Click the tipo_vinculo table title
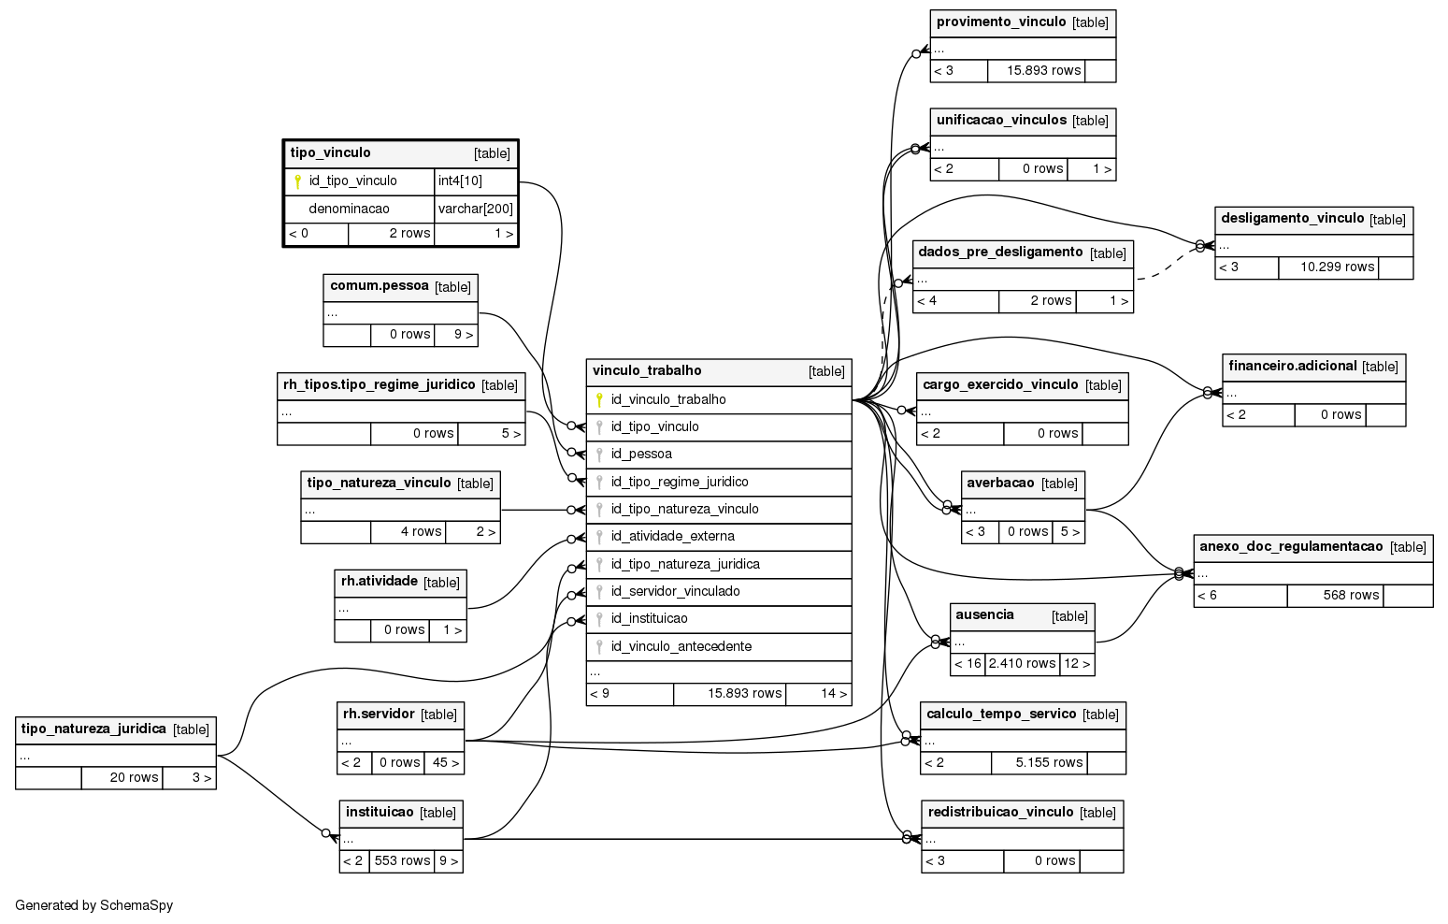[330, 153]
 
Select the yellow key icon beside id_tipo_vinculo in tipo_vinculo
[297, 181]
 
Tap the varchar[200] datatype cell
[476, 209]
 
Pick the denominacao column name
[349, 209]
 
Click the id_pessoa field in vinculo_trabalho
[641, 454]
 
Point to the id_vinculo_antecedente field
[681, 646]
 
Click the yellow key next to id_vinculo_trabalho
[599, 399]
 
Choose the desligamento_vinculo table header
[1312, 219]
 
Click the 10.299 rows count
[1337, 267]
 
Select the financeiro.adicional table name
[1293, 366]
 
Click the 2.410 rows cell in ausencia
[1022, 663]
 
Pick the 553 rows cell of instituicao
[402, 860]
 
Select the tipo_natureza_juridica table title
[93, 729]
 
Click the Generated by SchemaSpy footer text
[93, 905]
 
